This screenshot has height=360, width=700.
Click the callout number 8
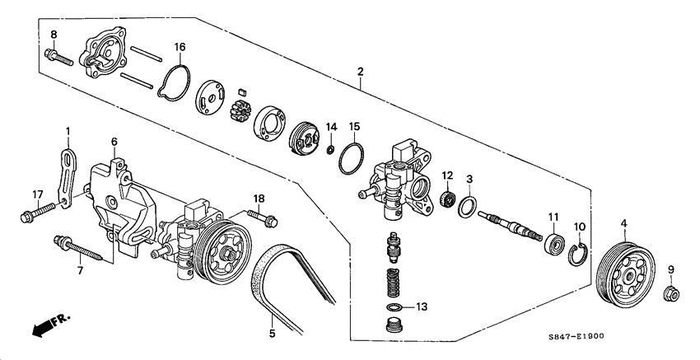(x=54, y=34)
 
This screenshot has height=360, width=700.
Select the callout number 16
(x=179, y=48)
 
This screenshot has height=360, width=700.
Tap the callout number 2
(x=360, y=72)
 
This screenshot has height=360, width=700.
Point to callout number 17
(x=37, y=194)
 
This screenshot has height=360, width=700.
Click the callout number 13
(x=422, y=306)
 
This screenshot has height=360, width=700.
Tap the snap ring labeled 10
(x=579, y=252)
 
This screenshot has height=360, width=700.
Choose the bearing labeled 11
(x=554, y=245)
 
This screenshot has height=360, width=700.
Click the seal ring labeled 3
(x=467, y=205)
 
